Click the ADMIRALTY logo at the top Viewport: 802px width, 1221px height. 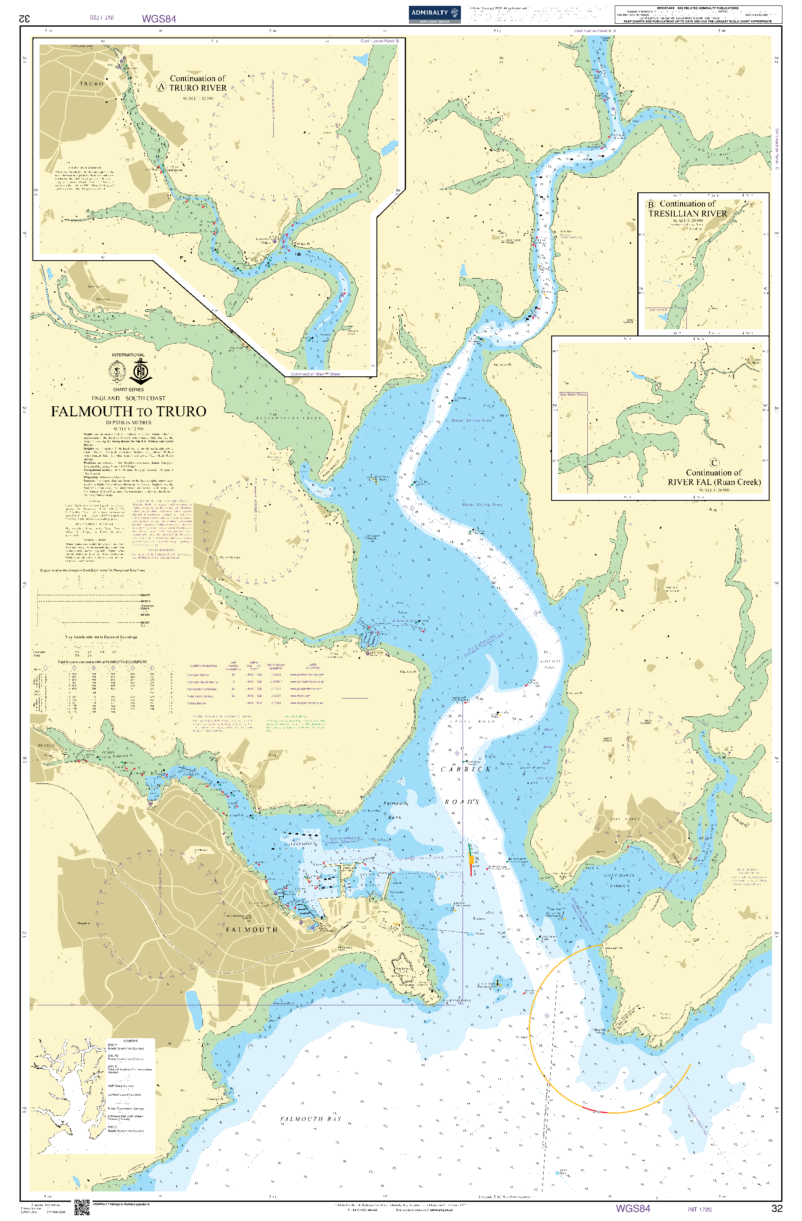tap(434, 13)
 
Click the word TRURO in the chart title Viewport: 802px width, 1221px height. tap(181, 411)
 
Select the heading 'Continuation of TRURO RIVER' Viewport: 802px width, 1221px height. tap(198, 83)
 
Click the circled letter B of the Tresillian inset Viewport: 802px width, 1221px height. tap(651, 204)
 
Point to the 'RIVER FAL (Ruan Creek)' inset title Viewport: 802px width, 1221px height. tap(714, 482)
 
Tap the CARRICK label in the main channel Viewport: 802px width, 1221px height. tap(465, 769)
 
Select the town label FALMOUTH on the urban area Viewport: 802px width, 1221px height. tap(252, 930)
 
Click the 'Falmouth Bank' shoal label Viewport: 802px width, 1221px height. tap(395, 810)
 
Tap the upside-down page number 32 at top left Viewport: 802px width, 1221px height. tap(24, 18)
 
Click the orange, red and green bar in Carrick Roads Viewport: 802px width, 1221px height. tap(471, 860)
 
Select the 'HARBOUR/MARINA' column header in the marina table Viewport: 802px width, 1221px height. tap(203, 665)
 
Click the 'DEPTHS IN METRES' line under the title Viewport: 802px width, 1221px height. tap(128, 423)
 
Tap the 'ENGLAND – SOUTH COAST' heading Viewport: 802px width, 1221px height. tap(128, 398)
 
